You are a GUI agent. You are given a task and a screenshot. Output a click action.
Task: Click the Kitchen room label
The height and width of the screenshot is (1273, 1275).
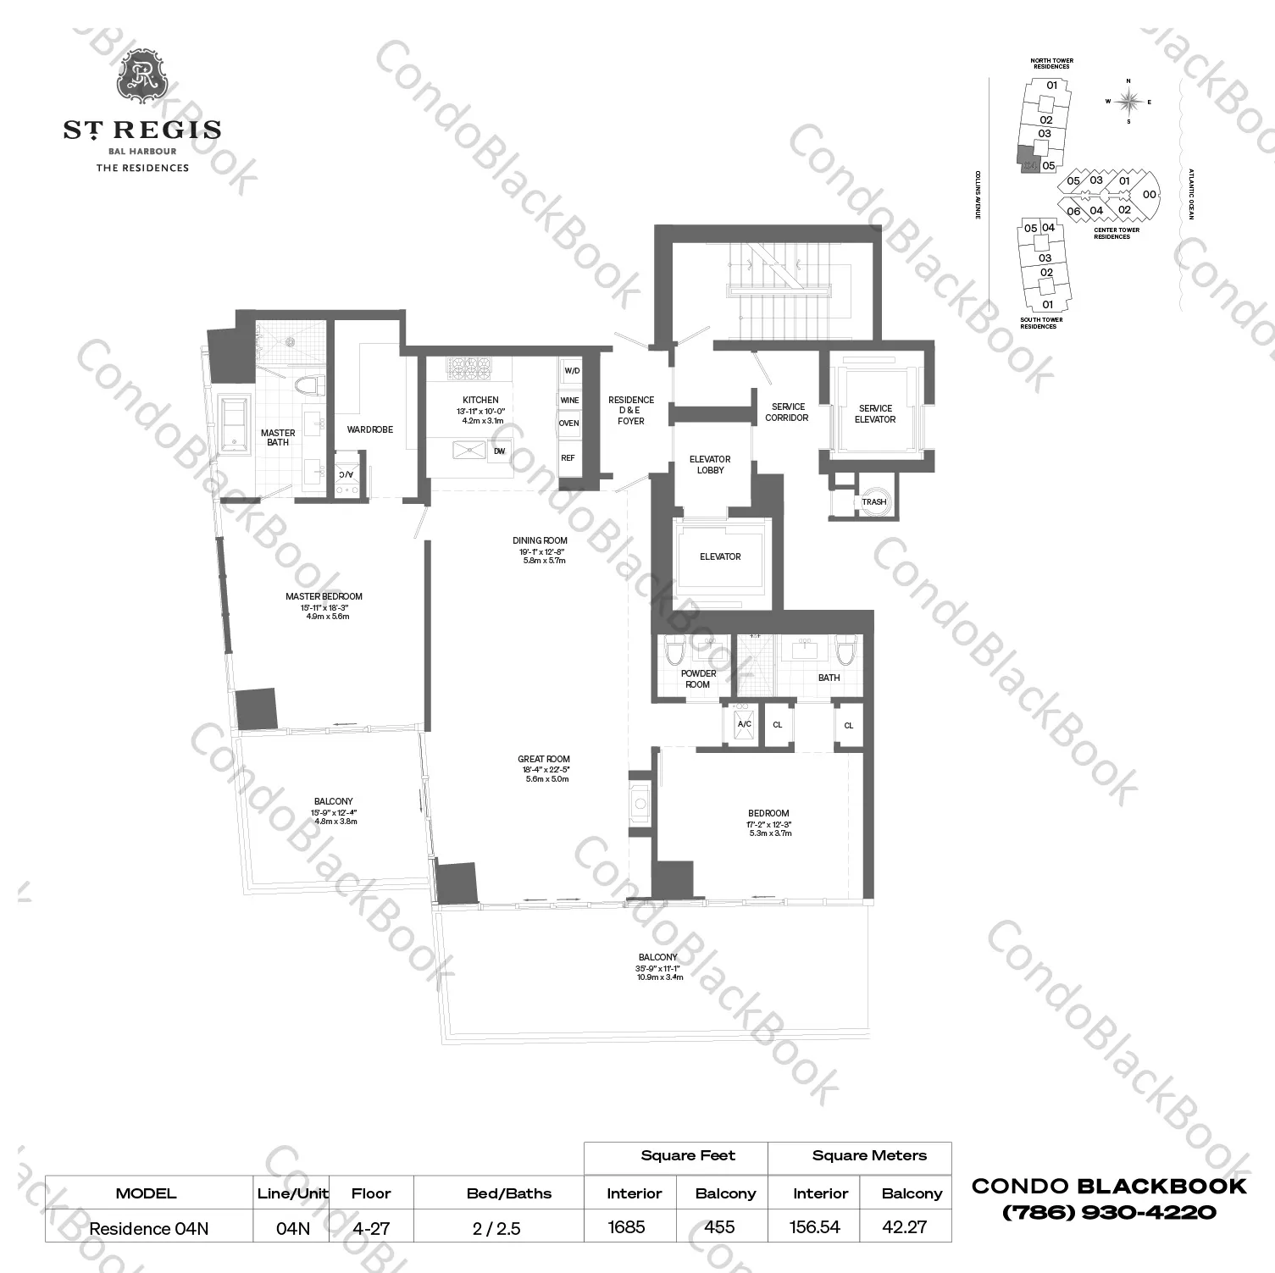[x=480, y=400]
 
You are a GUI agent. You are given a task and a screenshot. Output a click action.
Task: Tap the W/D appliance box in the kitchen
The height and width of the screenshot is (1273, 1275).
[x=572, y=371]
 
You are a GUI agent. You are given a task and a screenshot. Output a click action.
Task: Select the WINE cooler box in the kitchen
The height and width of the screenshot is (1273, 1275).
[x=569, y=401]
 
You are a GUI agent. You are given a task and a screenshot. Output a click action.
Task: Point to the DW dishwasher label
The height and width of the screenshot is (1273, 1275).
[x=500, y=451]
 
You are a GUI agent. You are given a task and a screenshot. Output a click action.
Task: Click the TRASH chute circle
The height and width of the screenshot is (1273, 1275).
[x=873, y=501]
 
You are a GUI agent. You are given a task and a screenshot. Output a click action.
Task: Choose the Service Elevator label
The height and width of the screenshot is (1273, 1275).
[x=875, y=413]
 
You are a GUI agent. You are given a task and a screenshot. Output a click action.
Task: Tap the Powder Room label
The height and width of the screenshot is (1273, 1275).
[x=698, y=679]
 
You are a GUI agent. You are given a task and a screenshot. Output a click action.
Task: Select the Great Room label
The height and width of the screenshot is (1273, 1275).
[x=544, y=759]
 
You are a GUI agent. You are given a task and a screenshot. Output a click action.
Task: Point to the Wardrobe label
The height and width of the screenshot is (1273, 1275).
[x=370, y=429]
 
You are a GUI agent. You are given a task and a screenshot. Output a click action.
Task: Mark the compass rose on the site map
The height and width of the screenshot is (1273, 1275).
[x=1128, y=102]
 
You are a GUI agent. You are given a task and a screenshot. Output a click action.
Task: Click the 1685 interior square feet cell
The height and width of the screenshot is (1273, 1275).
[x=627, y=1227]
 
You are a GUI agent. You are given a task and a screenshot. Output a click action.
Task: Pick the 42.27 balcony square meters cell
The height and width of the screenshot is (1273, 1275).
[x=904, y=1227]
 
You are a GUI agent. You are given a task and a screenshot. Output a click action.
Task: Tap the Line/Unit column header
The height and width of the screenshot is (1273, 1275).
[x=292, y=1193]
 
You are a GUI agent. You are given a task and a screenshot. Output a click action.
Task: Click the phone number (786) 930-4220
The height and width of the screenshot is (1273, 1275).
[x=1109, y=1212]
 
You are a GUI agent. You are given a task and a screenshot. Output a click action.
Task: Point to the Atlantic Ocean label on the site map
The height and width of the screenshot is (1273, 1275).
[x=1190, y=194]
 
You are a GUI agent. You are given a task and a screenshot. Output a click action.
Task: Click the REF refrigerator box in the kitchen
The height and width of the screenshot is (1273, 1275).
[x=568, y=458]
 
